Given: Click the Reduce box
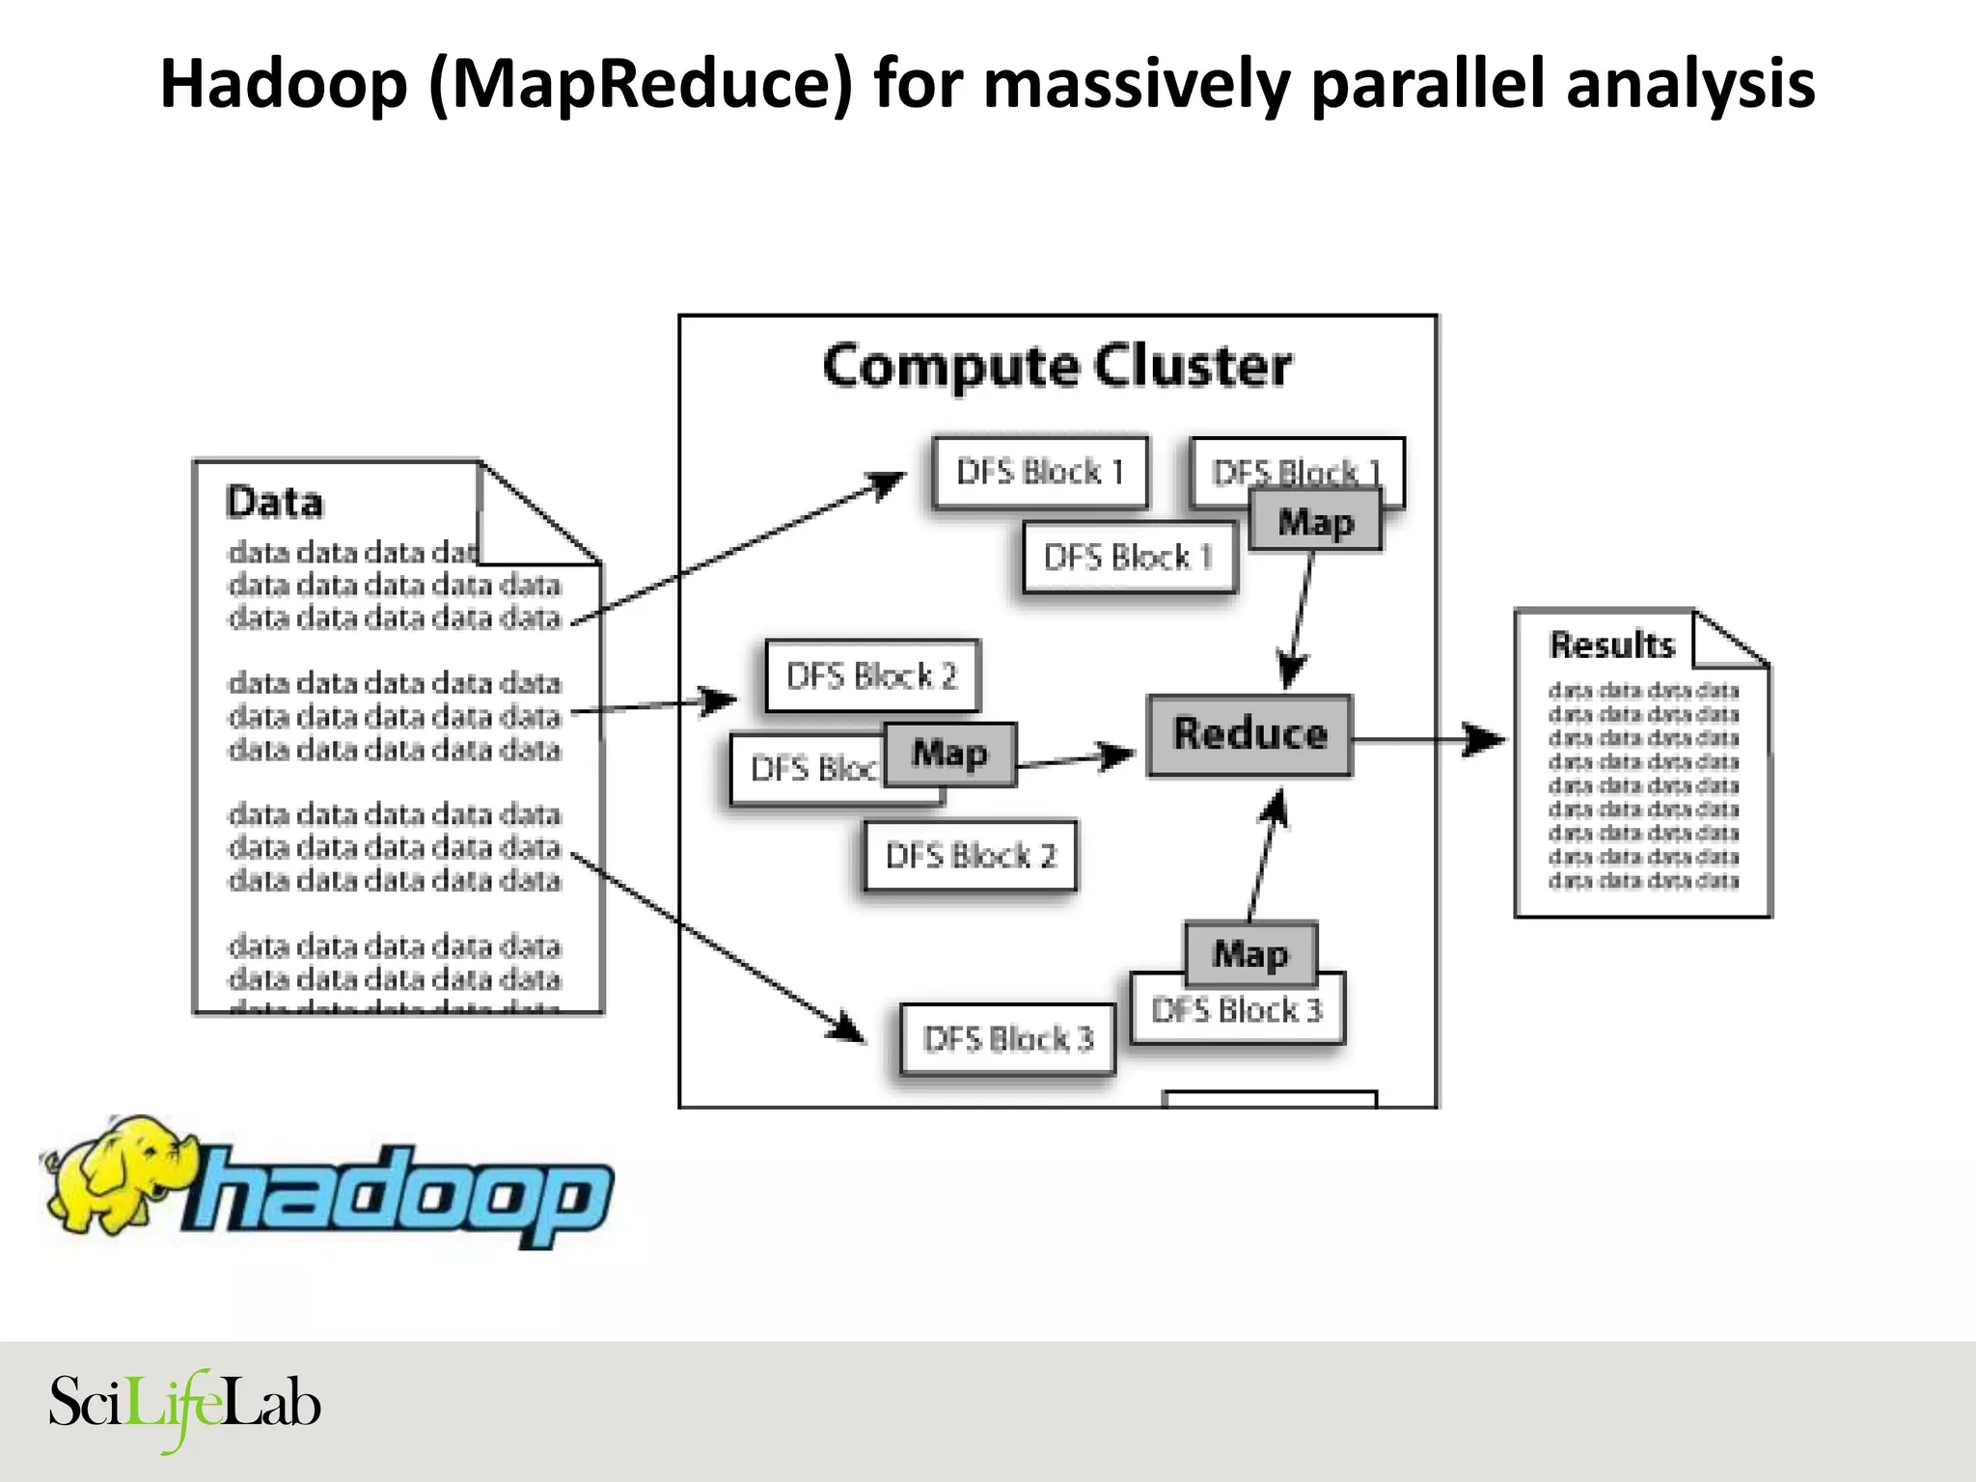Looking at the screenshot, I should click(1249, 735).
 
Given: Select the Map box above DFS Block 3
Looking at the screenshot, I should click(1250, 953).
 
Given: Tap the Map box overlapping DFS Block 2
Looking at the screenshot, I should click(949, 754).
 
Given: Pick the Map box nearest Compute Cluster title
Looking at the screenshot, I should click(1315, 521).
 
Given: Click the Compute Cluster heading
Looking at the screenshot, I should click(1057, 367).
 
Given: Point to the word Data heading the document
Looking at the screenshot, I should click(274, 503).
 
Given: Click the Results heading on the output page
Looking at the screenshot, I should click(1611, 645).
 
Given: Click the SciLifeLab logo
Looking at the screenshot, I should click(184, 1405).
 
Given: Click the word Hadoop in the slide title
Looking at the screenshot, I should click(284, 85).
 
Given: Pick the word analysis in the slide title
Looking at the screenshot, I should click(1689, 85).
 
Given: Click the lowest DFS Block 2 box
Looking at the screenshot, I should click(970, 856).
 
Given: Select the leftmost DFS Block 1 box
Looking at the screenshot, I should click(1040, 473).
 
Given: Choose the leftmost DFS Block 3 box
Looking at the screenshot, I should click(1007, 1039).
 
